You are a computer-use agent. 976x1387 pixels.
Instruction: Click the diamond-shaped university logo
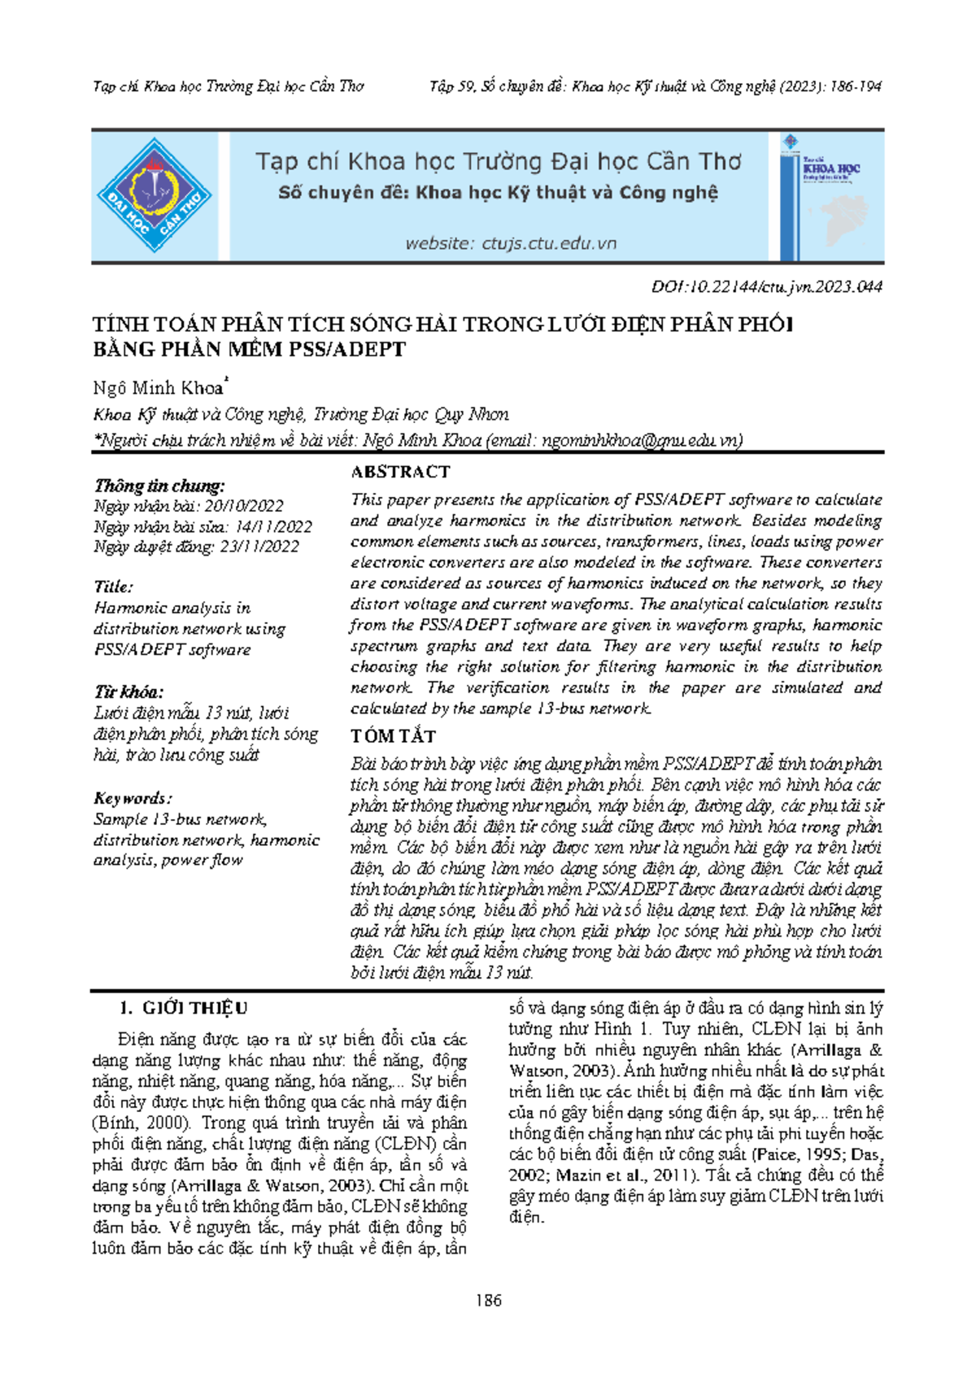[x=155, y=195]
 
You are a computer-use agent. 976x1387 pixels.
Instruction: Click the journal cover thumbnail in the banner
[x=831, y=195]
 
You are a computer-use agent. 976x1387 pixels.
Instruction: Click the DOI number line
[x=767, y=286]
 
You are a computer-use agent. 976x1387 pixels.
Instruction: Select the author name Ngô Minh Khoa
[x=159, y=387]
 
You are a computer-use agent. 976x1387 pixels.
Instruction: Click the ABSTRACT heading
[x=400, y=472]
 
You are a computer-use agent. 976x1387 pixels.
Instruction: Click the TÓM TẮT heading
[x=393, y=736]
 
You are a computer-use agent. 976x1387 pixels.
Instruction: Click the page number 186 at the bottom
[x=488, y=1300]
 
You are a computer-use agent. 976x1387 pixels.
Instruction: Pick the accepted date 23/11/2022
[x=259, y=547]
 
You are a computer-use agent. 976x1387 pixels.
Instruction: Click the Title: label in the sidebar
[x=113, y=587]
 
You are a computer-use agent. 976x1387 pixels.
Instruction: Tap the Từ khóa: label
[x=129, y=692]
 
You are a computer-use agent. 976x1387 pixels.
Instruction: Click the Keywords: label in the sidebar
[x=133, y=798]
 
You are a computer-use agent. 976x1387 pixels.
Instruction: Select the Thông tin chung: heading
[x=159, y=486]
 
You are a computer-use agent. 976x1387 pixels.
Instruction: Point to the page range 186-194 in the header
[x=854, y=86]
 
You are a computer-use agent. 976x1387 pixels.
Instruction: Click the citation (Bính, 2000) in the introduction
[x=143, y=1123]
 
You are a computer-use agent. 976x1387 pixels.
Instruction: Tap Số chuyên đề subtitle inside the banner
[x=498, y=193]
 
